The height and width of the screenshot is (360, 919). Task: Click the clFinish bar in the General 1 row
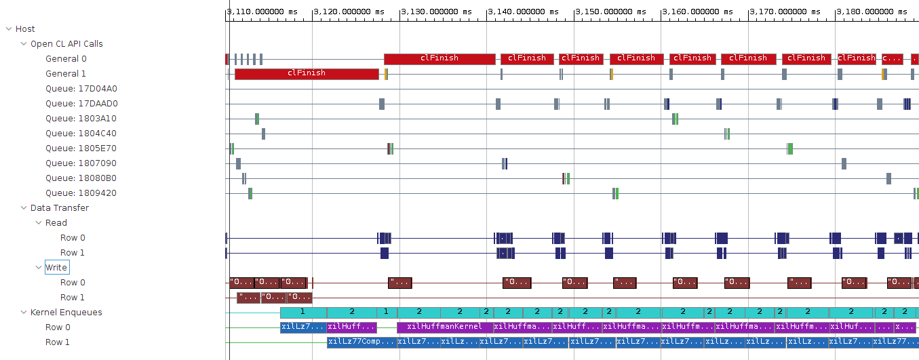(x=307, y=73)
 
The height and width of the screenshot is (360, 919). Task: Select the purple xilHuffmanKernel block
(x=444, y=327)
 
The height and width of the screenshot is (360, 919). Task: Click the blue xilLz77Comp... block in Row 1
(x=361, y=342)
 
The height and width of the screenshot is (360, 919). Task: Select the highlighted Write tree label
(x=56, y=267)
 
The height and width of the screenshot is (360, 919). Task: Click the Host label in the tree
(x=25, y=28)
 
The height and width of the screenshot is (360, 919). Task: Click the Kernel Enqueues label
(x=66, y=312)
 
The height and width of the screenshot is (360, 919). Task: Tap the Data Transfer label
(x=59, y=207)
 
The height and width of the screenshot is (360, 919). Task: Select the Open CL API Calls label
(x=66, y=43)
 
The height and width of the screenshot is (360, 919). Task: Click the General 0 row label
(x=66, y=58)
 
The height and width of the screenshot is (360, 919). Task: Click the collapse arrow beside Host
(x=9, y=28)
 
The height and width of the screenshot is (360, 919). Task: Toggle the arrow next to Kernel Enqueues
(x=24, y=312)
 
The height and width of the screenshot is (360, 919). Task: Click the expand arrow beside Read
(x=39, y=222)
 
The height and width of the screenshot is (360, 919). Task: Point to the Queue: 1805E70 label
(x=81, y=148)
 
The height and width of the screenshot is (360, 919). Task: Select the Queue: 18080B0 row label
(x=81, y=178)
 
